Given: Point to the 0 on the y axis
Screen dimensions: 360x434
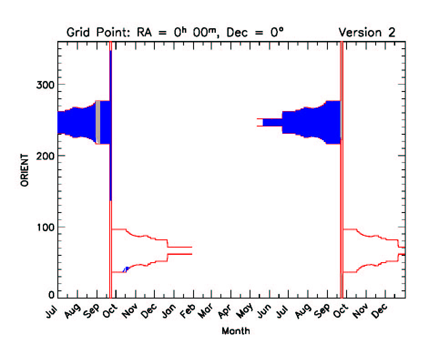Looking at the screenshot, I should tap(51, 295).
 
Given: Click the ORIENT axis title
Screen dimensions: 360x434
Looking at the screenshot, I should tap(25, 170).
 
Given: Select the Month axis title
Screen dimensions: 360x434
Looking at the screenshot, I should tap(235, 331).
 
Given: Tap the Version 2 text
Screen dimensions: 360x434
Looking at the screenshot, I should tap(367, 33).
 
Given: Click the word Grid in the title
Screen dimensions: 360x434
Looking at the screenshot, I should tap(78, 33).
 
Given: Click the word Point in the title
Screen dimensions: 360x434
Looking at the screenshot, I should tap(110, 33).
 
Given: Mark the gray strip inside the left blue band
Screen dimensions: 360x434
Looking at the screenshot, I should tap(97, 122).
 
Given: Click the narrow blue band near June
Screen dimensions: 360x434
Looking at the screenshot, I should tap(272, 122).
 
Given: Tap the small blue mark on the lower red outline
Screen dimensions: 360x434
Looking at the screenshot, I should tap(126, 269).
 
